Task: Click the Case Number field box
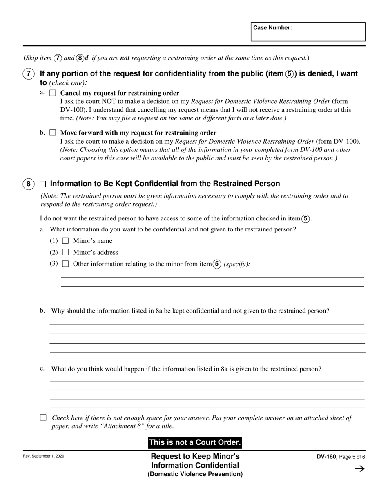point(308,32)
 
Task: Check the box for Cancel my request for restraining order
point(52,93)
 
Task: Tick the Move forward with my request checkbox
point(52,133)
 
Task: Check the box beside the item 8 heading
point(43,184)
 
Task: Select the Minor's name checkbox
point(65,241)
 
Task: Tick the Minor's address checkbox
point(65,252)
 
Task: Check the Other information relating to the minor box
point(65,264)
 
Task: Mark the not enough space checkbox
point(43,418)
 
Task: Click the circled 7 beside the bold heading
point(28,74)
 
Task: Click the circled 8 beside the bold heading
point(28,184)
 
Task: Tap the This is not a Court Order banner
point(194,442)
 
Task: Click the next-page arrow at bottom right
point(359,469)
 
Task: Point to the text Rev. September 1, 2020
point(43,456)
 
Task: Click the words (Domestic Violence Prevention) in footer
point(195,474)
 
